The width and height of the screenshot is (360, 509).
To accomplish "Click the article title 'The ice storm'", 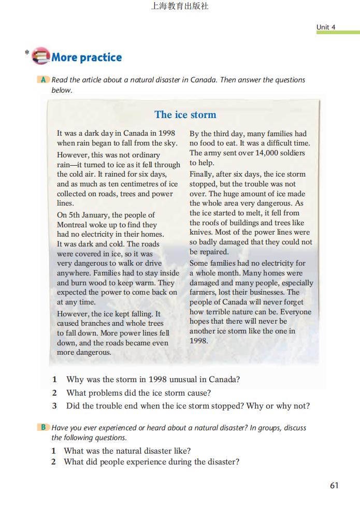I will point(185,115).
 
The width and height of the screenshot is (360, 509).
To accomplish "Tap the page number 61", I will point(334,485).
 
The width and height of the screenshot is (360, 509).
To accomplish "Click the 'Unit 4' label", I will point(326,27).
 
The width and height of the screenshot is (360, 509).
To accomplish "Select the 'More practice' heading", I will point(87,57).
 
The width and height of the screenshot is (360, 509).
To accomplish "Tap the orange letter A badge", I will point(44,80).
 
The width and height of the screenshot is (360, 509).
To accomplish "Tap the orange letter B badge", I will point(44,428).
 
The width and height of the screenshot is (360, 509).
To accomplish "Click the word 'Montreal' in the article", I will point(72,225).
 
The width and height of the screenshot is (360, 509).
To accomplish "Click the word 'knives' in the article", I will point(200,232).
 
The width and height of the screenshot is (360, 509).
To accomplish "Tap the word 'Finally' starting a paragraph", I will point(201,174).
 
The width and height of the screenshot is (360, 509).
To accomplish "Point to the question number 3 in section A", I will point(54,406).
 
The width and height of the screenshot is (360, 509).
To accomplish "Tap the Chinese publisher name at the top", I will point(180,7).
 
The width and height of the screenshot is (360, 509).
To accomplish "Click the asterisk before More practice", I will point(26,53).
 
